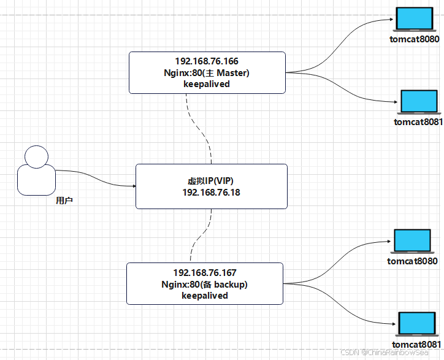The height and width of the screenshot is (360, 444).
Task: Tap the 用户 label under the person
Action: click(x=64, y=201)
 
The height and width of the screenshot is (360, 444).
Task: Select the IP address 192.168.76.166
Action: click(x=207, y=61)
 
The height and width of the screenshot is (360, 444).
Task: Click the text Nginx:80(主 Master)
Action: click(x=207, y=72)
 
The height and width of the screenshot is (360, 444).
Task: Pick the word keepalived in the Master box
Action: click(x=207, y=83)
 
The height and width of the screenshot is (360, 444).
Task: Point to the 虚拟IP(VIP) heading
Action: click(x=211, y=181)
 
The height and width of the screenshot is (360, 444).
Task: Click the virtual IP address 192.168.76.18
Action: click(x=211, y=192)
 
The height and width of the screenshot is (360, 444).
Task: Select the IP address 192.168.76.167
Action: click(x=205, y=272)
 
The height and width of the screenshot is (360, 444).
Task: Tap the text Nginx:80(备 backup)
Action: click(x=205, y=284)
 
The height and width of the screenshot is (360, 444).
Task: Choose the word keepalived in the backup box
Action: click(x=205, y=295)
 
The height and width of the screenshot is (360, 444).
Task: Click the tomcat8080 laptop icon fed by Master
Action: click(x=414, y=20)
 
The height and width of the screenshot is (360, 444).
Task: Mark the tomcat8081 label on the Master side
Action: click(x=418, y=121)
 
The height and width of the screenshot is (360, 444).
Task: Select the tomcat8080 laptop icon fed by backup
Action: click(x=412, y=242)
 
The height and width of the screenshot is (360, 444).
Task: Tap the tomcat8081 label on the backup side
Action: click(x=416, y=344)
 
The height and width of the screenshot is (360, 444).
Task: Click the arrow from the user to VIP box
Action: click(x=98, y=178)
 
